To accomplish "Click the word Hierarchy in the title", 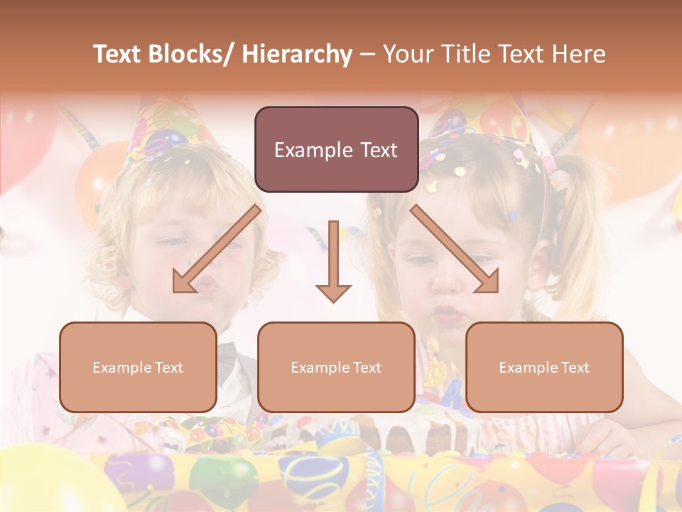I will pyautogui.click(x=297, y=55).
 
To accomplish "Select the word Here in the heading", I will pyautogui.click(x=580, y=55).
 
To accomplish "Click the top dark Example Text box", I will pyautogui.click(x=336, y=150).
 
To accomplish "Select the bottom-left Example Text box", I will pyautogui.click(x=138, y=368).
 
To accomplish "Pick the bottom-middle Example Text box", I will pyautogui.click(x=336, y=368).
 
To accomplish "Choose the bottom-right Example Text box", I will pyautogui.click(x=544, y=368).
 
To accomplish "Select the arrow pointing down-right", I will pyautogui.click(x=455, y=250).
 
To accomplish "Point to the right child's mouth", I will pyautogui.click(x=445, y=313).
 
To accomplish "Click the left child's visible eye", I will pyautogui.click(x=173, y=242).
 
